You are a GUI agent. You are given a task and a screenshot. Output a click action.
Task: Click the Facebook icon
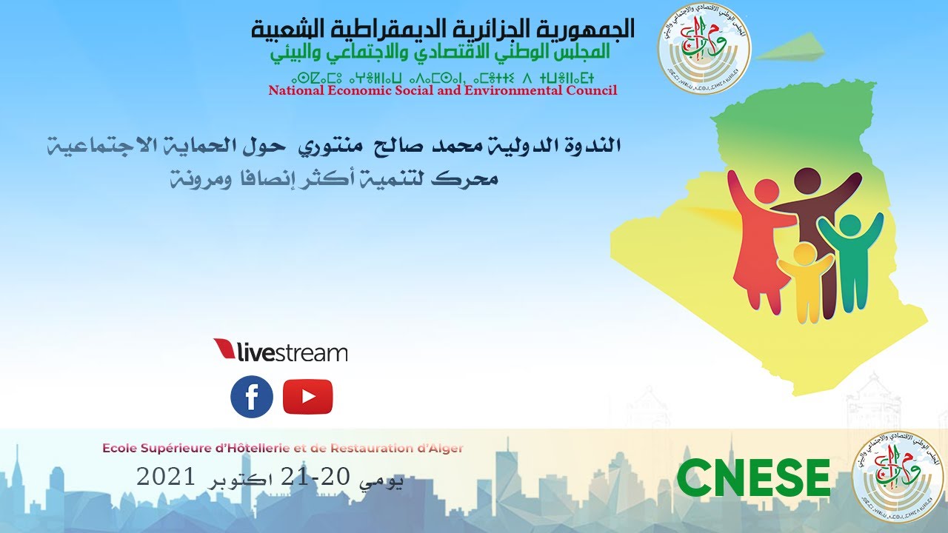click(252, 397)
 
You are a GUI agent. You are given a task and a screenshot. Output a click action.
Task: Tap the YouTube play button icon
click(307, 397)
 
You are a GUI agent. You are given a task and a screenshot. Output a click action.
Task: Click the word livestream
click(292, 352)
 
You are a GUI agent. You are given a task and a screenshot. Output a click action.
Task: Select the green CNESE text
click(753, 478)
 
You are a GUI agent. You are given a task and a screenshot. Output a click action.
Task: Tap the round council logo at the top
click(704, 49)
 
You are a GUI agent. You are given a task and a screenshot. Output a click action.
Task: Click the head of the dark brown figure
click(809, 182)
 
